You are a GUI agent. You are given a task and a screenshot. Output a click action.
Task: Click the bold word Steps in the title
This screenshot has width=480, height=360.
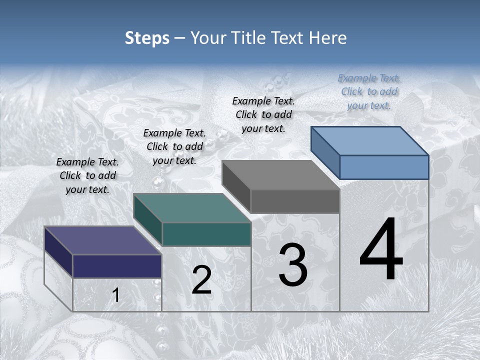pyautogui.click(x=147, y=38)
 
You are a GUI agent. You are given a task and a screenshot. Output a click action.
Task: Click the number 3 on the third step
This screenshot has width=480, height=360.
pyautogui.click(x=293, y=264)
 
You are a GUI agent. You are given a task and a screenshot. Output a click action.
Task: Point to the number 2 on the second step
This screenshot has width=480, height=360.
pyautogui.click(x=201, y=280)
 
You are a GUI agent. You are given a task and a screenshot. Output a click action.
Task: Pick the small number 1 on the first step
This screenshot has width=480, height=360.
pyautogui.click(x=115, y=295)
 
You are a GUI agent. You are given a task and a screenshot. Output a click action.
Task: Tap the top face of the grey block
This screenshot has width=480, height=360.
pyautogui.click(x=281, y=175)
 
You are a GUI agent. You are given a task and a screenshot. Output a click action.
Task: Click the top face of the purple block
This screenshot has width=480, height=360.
pyautogui.click(x=103, y=240)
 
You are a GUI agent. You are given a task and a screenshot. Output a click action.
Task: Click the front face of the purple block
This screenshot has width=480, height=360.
pyautogui.click(x=117, y=266)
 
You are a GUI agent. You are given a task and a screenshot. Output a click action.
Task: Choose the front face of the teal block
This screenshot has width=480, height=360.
pyautogui.click(x=206, y=234)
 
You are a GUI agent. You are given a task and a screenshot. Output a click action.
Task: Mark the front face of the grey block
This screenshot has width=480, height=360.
pyautogui.click(x=295, y=201)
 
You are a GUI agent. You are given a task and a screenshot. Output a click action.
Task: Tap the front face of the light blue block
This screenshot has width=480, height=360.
pyautogui.click(x=384, y=167)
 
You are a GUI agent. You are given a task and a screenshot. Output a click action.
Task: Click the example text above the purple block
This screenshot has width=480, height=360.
pyautogui.click(x=87, y=175)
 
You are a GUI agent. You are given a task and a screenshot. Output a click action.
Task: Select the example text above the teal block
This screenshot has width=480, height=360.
pyautogui.click(x=174, y=146)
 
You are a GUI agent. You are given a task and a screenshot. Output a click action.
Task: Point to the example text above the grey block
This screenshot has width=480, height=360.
pyautogui.click(x=263, y=114)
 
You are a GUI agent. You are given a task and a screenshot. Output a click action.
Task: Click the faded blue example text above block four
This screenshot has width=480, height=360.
pyautogui.click(x=369, y=91)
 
